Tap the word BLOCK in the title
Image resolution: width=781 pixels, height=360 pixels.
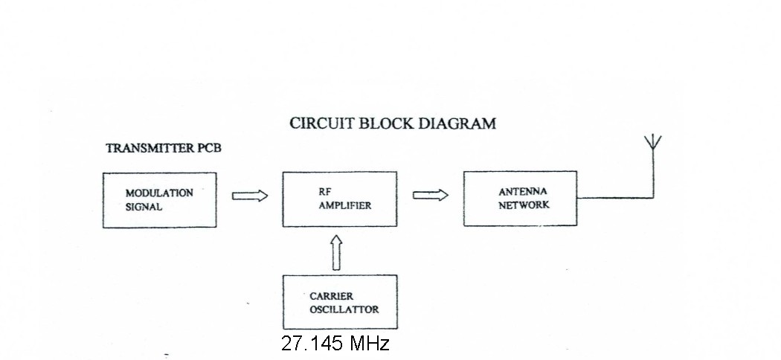(x=385, y=123)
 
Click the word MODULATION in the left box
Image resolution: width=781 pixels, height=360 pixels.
(x=159, y=193)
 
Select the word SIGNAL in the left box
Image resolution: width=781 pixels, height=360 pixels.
(x=143, y=207)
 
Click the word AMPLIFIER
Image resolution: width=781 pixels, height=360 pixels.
(x=344, y=205)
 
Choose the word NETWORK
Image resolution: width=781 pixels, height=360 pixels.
(x=524, y=205)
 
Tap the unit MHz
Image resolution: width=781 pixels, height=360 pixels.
(x=368, y=344)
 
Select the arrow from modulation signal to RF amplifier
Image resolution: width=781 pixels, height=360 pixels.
(x=249, y=196)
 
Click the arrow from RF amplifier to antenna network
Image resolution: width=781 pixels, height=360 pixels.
(x=431, y=195)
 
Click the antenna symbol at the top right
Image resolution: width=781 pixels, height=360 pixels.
(x=652, y=144)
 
